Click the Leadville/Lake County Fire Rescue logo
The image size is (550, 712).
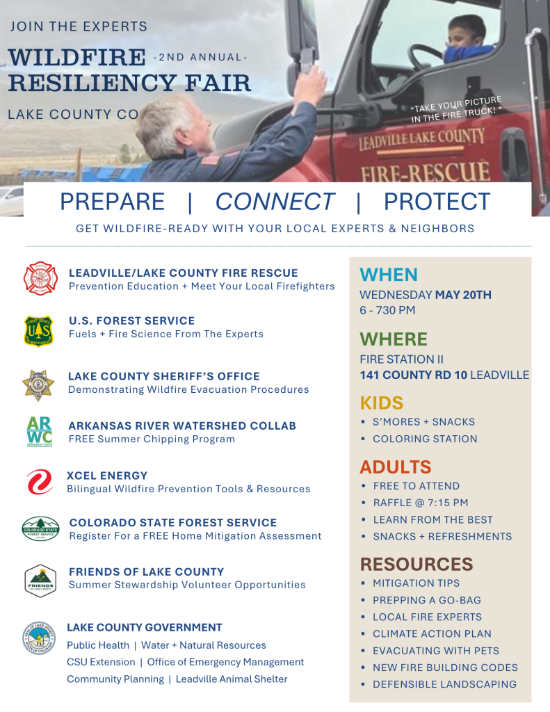[40, 278]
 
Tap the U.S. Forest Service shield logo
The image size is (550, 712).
[39, 332]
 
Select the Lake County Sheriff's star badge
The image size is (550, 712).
[39, 385]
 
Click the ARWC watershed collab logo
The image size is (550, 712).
[40, 431]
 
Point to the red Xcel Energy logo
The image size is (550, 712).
[40, 482]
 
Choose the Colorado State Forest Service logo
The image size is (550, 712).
[40, 528]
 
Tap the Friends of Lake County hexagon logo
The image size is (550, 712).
[40, 581]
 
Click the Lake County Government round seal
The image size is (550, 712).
[39, 638]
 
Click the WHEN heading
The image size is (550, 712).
[389, 275]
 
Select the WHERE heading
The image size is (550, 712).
[394, 339]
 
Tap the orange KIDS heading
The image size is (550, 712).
[382, 403]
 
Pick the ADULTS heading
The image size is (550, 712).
[396, 467]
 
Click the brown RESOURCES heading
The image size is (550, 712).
[416, 564]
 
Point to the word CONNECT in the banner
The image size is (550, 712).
[275, 202]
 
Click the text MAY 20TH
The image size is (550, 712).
[463, 295]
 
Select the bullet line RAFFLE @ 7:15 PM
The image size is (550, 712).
[421, 503]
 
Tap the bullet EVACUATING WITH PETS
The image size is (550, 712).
[436, 651]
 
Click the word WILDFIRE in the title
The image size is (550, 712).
[77, 57]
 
